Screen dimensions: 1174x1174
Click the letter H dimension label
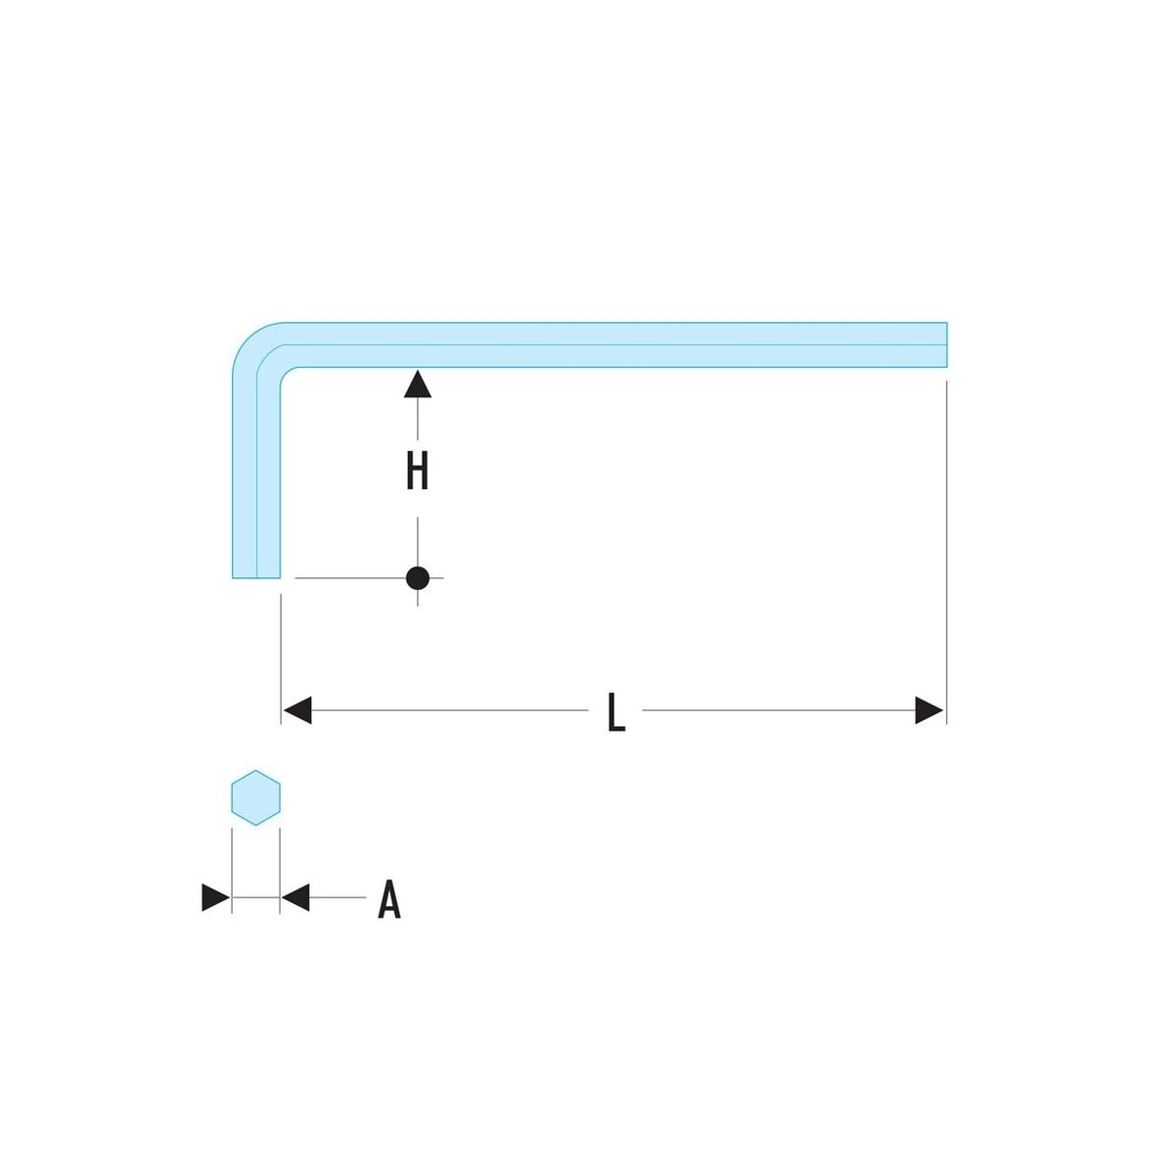(x=418, y=471)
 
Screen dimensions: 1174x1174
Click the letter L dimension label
(x=616, y=711)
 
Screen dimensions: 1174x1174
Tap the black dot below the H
(x=418, y=578)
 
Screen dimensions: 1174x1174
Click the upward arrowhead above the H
(x=418, y=384)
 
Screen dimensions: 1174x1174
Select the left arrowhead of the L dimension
(x=297, y=710)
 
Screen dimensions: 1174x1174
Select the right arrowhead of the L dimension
(x=929, y=710)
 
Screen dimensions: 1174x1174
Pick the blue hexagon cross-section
(x=256, y=797)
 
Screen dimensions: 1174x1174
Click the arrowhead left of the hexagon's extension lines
(x=215, y=897)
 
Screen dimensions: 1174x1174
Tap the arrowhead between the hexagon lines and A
(x=295, y=897)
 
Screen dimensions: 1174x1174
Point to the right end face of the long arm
(x=947, y=344)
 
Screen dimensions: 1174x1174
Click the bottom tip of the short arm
(x=256, y=577)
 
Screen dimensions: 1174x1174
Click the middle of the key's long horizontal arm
(x=615, y=344)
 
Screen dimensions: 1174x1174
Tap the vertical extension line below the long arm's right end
(x=946, y=553)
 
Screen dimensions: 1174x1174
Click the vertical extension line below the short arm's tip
(x=280, y=659)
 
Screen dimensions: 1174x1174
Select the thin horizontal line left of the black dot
(x=350, y=577)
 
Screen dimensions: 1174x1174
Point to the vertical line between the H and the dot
(x=418, y=542)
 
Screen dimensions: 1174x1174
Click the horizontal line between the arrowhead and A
(x=339, y=897)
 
